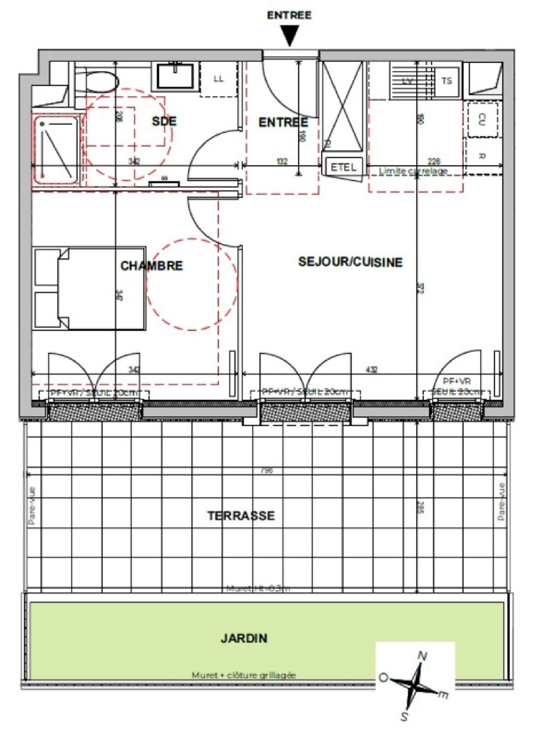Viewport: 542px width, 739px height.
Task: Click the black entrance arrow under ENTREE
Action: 290,35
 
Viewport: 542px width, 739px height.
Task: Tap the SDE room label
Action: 164,121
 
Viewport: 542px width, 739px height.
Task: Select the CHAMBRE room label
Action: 151,266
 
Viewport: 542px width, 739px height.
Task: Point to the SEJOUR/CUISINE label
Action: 350,262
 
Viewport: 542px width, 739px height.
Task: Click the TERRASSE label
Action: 241,516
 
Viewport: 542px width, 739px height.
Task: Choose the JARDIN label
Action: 244,638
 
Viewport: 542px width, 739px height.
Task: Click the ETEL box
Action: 344,167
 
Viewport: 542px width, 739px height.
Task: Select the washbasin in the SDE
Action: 175,76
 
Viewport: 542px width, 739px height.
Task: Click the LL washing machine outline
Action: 219,79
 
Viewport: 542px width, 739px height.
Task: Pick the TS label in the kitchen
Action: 447,81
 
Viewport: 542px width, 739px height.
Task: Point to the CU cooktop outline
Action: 482,120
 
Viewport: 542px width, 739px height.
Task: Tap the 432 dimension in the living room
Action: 371,369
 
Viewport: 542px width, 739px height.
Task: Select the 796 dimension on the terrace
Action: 267,470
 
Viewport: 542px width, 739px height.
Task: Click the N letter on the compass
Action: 422,656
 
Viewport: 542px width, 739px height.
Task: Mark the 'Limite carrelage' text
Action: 413,171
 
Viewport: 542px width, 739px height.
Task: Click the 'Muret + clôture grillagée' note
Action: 244,675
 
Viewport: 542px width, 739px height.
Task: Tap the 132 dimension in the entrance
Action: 282,161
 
